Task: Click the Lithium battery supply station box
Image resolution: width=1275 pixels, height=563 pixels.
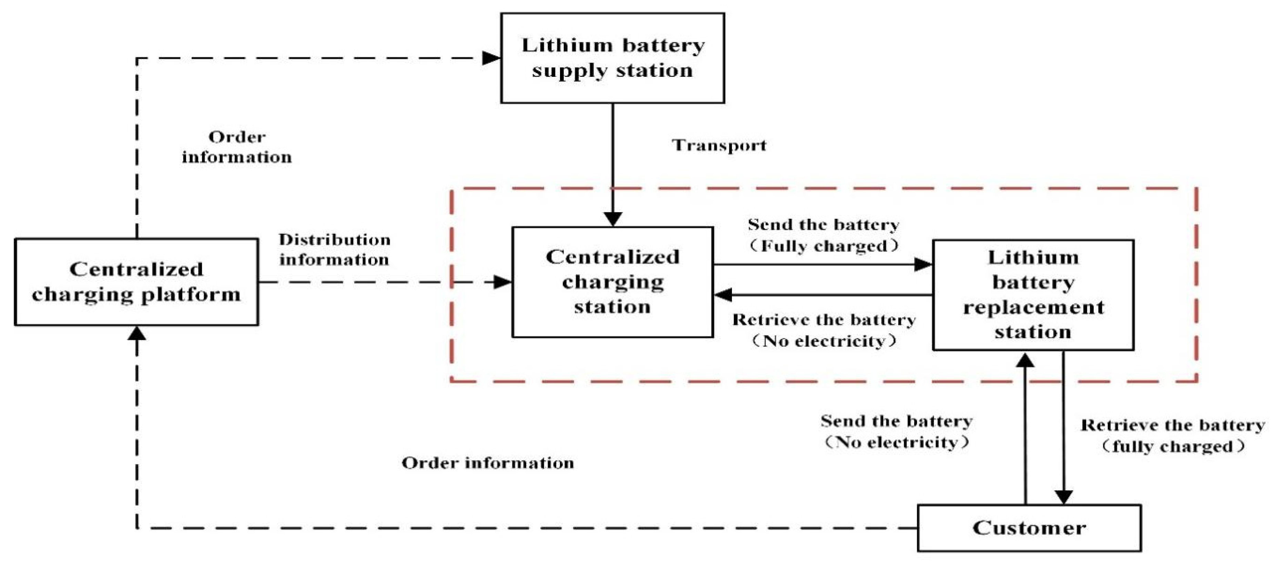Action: click(612, 58)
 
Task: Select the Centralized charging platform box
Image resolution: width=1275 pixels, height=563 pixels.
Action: click(136, 282)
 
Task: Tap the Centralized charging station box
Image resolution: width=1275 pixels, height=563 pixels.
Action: click(612, 282)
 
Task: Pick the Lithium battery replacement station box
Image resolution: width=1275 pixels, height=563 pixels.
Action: click(1033, 295)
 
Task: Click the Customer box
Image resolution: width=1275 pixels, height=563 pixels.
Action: click(1030, 528)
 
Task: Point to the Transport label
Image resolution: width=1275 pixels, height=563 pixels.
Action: click(719, 145)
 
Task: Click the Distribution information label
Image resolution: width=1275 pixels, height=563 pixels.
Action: click(334, 250)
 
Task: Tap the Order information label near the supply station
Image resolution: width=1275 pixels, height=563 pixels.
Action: click(237, 147)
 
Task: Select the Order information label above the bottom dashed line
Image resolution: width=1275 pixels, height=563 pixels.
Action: click(488, 463)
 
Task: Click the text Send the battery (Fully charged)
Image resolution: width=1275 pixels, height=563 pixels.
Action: click(823, 235)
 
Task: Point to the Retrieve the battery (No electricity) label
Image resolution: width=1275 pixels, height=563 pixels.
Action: click(824, 330)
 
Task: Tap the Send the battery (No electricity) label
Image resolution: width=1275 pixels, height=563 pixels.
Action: click(896, 431)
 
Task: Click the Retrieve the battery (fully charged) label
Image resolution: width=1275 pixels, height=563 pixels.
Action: click(1172, 436)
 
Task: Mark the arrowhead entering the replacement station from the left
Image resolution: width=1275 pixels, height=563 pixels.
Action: click(923, 265)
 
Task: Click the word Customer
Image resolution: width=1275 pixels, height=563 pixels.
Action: click(1030, 528)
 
